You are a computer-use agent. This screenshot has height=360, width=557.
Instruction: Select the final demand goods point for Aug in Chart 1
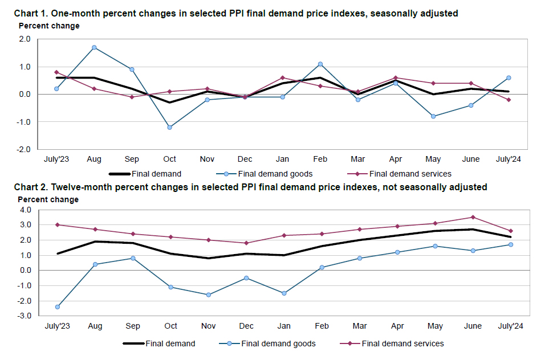pos(94,47)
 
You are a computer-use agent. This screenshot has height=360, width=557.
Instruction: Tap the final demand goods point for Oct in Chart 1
pos(169,127)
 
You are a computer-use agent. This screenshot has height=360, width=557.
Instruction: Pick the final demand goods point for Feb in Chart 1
pos(320,64)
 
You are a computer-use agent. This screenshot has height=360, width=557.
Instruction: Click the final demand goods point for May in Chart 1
pos(434,116)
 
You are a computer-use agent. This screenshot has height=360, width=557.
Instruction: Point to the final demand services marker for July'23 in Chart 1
pos(56,72)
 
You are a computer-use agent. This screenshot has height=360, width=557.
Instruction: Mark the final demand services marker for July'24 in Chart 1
pos(509,100)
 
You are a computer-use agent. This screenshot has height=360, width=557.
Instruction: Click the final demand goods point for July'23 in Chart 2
pos(57,306)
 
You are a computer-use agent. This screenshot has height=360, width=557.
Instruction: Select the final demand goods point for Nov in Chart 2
pos(208,294)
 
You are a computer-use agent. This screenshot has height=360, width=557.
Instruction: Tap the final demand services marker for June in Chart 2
pos(472,217)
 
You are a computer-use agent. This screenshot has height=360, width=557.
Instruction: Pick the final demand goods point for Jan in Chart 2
pos(283,293)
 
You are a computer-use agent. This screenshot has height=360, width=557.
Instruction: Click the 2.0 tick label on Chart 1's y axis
pos(25,39)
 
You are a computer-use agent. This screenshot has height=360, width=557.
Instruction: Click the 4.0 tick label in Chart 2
pos(25,210)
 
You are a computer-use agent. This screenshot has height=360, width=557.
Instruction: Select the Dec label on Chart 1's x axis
pos(245,159)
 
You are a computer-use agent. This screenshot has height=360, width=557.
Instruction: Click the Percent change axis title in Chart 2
pos(49,199)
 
